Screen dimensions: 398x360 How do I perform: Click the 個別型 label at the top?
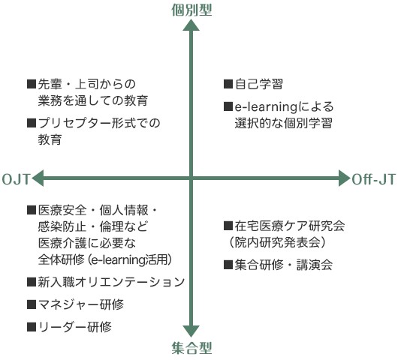click(x=191, y=10)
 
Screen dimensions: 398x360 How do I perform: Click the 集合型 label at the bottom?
click(x=191, y=348)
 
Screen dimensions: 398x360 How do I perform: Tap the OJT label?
click(x=17, y=179)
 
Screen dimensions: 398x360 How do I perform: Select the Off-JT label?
click(x=373, y=179)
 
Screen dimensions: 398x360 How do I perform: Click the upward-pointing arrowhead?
click(x=191, y=25)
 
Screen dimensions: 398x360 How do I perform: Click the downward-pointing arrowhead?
click(x=191, y=331)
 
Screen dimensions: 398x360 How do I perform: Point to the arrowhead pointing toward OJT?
click(x=38, y=178)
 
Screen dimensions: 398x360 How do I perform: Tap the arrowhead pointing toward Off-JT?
click(x=345, y=178)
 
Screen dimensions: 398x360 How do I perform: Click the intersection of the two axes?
click(x=191, y=178)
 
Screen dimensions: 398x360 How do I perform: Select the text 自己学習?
click(x=258, y=84)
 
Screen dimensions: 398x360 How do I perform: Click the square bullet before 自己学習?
click(x=228, y=84)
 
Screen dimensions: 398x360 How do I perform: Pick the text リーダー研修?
click(x=74, y=327)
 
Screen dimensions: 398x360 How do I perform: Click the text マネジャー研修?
click(x=80, y=304)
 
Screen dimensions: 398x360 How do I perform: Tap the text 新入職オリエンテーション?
click(x=111, y=282)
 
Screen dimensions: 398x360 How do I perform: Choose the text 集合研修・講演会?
click(x=284, y=265)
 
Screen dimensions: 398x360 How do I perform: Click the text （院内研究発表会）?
click(x=277, y=242)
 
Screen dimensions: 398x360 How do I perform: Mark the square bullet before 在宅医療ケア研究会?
click(x=228, y=226)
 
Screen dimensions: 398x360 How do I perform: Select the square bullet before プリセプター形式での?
click(x=32, y=123)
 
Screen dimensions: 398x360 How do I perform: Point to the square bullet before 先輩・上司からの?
click(x=32, y=84)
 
